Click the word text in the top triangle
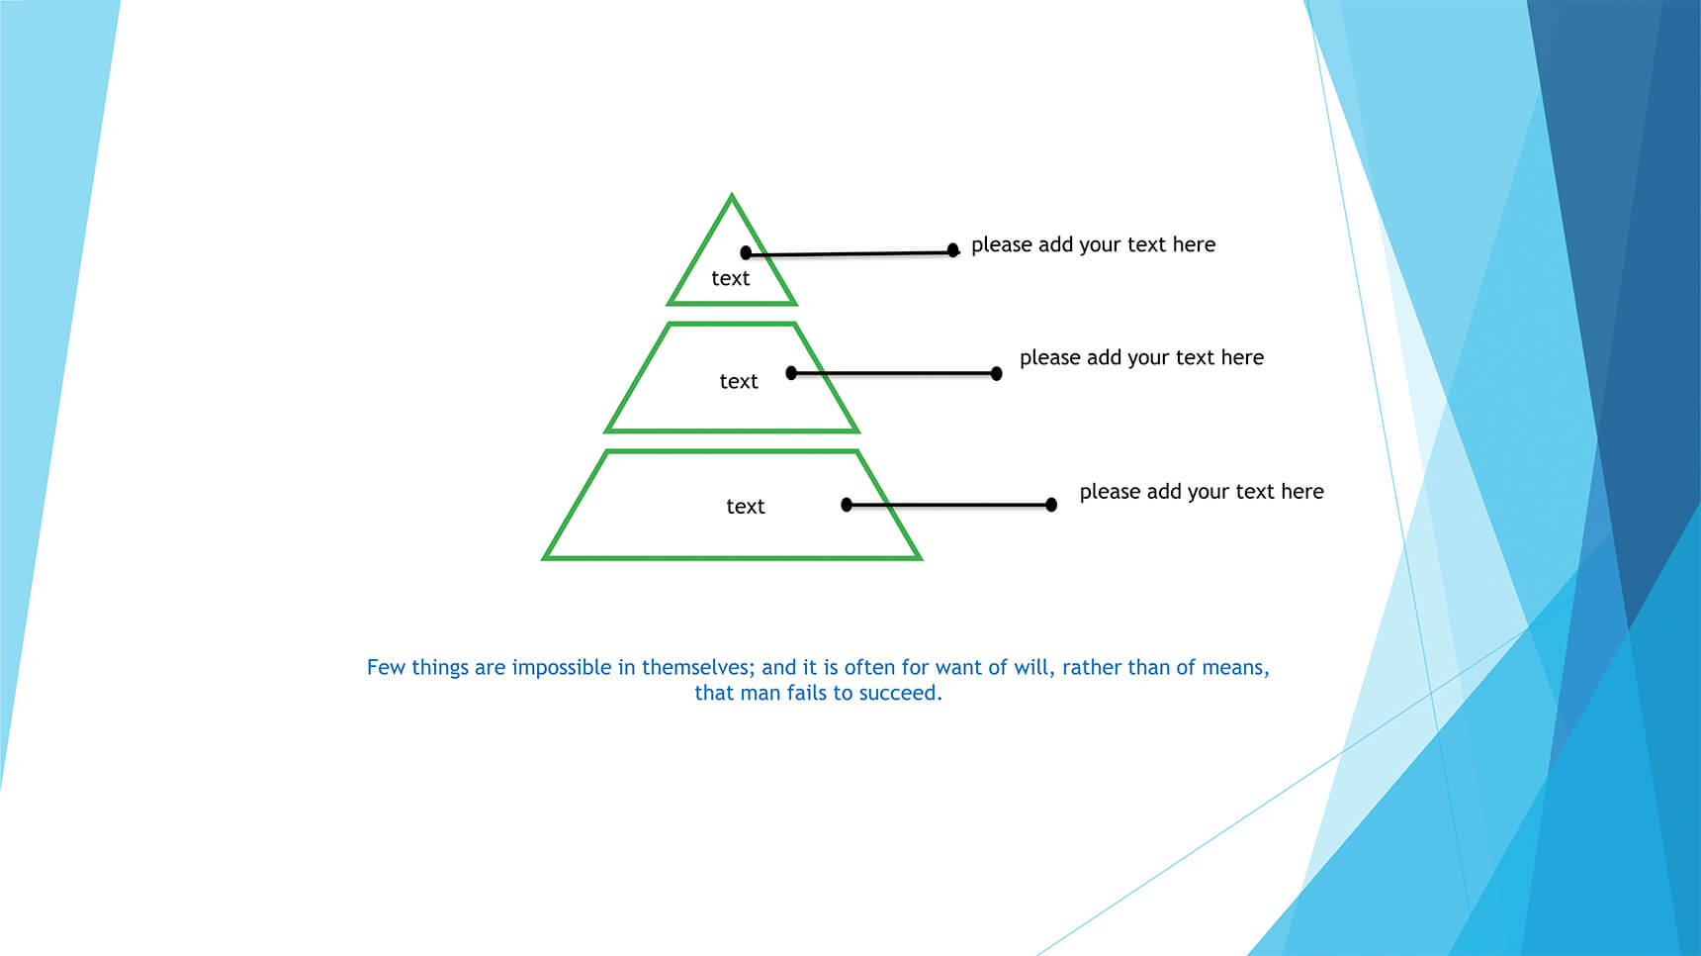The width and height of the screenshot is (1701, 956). point(731,278)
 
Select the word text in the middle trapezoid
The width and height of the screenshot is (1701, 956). point(739,381)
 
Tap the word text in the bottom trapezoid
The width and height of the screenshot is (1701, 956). point(746,506)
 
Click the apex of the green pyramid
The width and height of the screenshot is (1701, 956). point(732,195)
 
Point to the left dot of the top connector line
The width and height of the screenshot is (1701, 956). point(746,253)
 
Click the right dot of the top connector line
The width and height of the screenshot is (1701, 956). point(953,250)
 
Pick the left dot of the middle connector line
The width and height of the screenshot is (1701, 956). point(791,373)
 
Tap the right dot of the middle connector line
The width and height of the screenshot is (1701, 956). point(997,374)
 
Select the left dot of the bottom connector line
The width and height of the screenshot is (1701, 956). point(847,505)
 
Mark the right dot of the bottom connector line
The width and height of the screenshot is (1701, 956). point(1051,505)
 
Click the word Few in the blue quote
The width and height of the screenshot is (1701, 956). point(386,667)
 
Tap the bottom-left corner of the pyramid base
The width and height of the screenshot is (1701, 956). point(544,559)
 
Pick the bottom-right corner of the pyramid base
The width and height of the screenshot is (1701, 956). point(921,559)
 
